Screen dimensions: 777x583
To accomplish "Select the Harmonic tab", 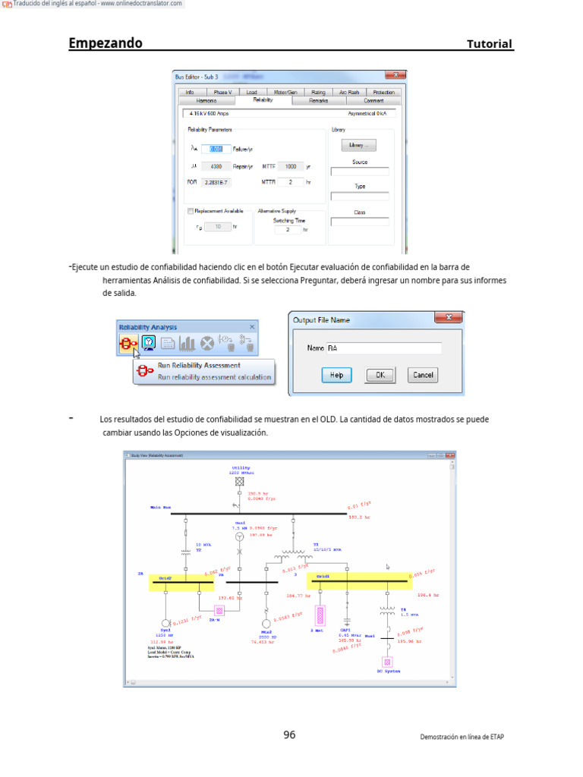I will pyautogui.click(x=206, y=100).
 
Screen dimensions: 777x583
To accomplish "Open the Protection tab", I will pyautogui.click(x=383, y=92).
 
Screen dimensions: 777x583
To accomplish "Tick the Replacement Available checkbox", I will pyautogui.click(x=191, y=211).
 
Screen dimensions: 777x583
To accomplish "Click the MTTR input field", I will pyautogui.click(x=290, y=182).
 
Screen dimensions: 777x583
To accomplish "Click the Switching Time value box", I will pyautogui.click(x=288, y=229).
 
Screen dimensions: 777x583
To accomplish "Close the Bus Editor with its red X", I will pyautogui.click(x=394, y=76).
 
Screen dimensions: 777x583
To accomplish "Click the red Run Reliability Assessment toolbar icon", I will pyautogui.click(x=128, y=343).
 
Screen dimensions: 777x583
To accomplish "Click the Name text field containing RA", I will pyautogui.click(x=384, y=348).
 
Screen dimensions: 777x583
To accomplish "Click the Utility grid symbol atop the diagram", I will pyautogui.click(x=240, y=481).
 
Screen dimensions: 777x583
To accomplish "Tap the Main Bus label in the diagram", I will pyautogui.click(x=161, y=506).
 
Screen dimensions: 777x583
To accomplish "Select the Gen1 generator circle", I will pyautogui.click(x=240, y=536).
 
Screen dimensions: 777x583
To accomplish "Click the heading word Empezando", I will pyautogui.click(x=106, y=43).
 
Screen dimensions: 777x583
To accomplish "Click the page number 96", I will pyautogui.click(x=289, y=735).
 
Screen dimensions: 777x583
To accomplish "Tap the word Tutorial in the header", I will pyautogui.click(x=490, y=44).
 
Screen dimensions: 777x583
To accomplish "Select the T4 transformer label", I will pyautogui.click(x=404, y=608).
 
